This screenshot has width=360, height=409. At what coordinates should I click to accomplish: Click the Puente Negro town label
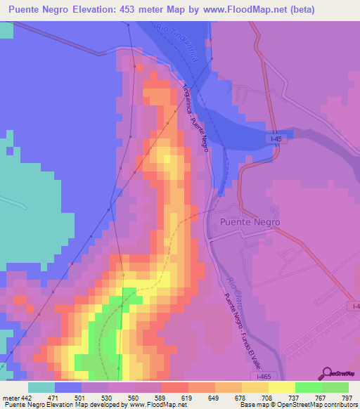[x=250, y=222]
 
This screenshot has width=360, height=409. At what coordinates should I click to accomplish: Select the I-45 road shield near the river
[x=278, y=141]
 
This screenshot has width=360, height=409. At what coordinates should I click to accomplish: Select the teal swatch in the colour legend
[x=41, y=387]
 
